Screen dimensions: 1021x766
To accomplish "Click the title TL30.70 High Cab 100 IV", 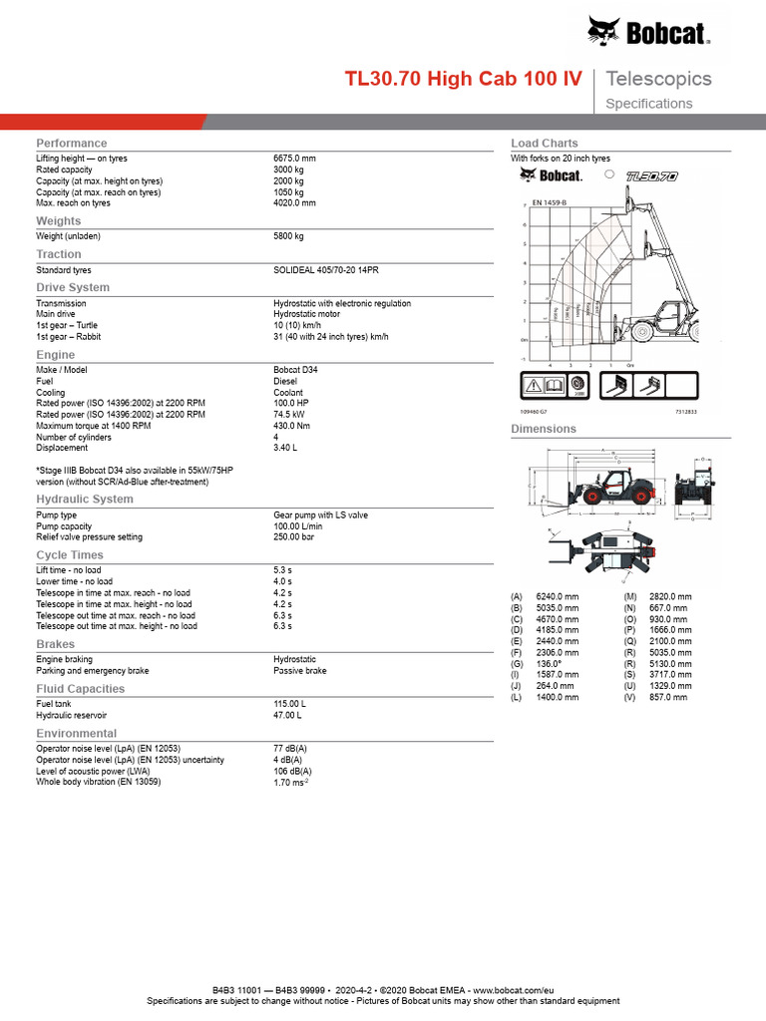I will click(464, 79).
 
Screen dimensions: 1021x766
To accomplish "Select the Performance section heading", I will click(71, 144).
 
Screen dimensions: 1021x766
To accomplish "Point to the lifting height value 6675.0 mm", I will click(294, 159).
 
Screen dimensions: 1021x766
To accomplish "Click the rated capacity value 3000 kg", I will click(288, 170).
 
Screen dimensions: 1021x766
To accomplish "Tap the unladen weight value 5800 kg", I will click(288, 236).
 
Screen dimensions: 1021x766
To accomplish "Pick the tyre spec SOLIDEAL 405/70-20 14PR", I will click(326, 270).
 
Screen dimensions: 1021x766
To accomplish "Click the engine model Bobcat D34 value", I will click(296, 369).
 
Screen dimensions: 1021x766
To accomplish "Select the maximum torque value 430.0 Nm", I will click(293, 426).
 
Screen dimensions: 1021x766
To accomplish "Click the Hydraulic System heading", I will click(85, 499).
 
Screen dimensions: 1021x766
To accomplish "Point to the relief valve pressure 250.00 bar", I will click(293, 536).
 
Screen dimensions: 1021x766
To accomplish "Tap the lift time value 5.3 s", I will click(282, 570).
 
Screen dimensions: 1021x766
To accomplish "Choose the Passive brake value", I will click(299, 671).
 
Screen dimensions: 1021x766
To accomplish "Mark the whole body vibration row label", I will click(99, 782).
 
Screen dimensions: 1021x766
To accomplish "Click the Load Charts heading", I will click(544, 144).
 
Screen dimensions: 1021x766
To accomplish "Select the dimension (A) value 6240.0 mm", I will click(557, 596).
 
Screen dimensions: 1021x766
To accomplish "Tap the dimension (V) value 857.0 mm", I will click(667, 698).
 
